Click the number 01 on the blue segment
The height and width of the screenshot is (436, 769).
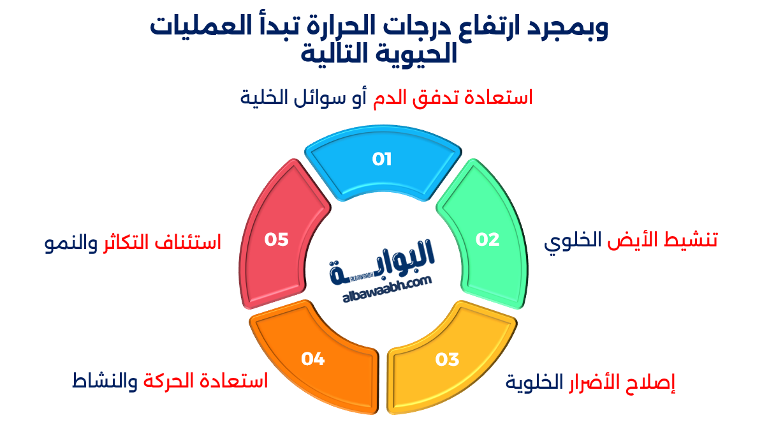[x=382, y=159]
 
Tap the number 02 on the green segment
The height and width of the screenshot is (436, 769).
[x=488, y=239]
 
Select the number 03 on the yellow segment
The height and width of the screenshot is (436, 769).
[x=447, y=359]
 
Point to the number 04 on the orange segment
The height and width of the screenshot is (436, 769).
[x=313, y=359]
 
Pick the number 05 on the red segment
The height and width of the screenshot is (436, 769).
[x=277, y=239]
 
